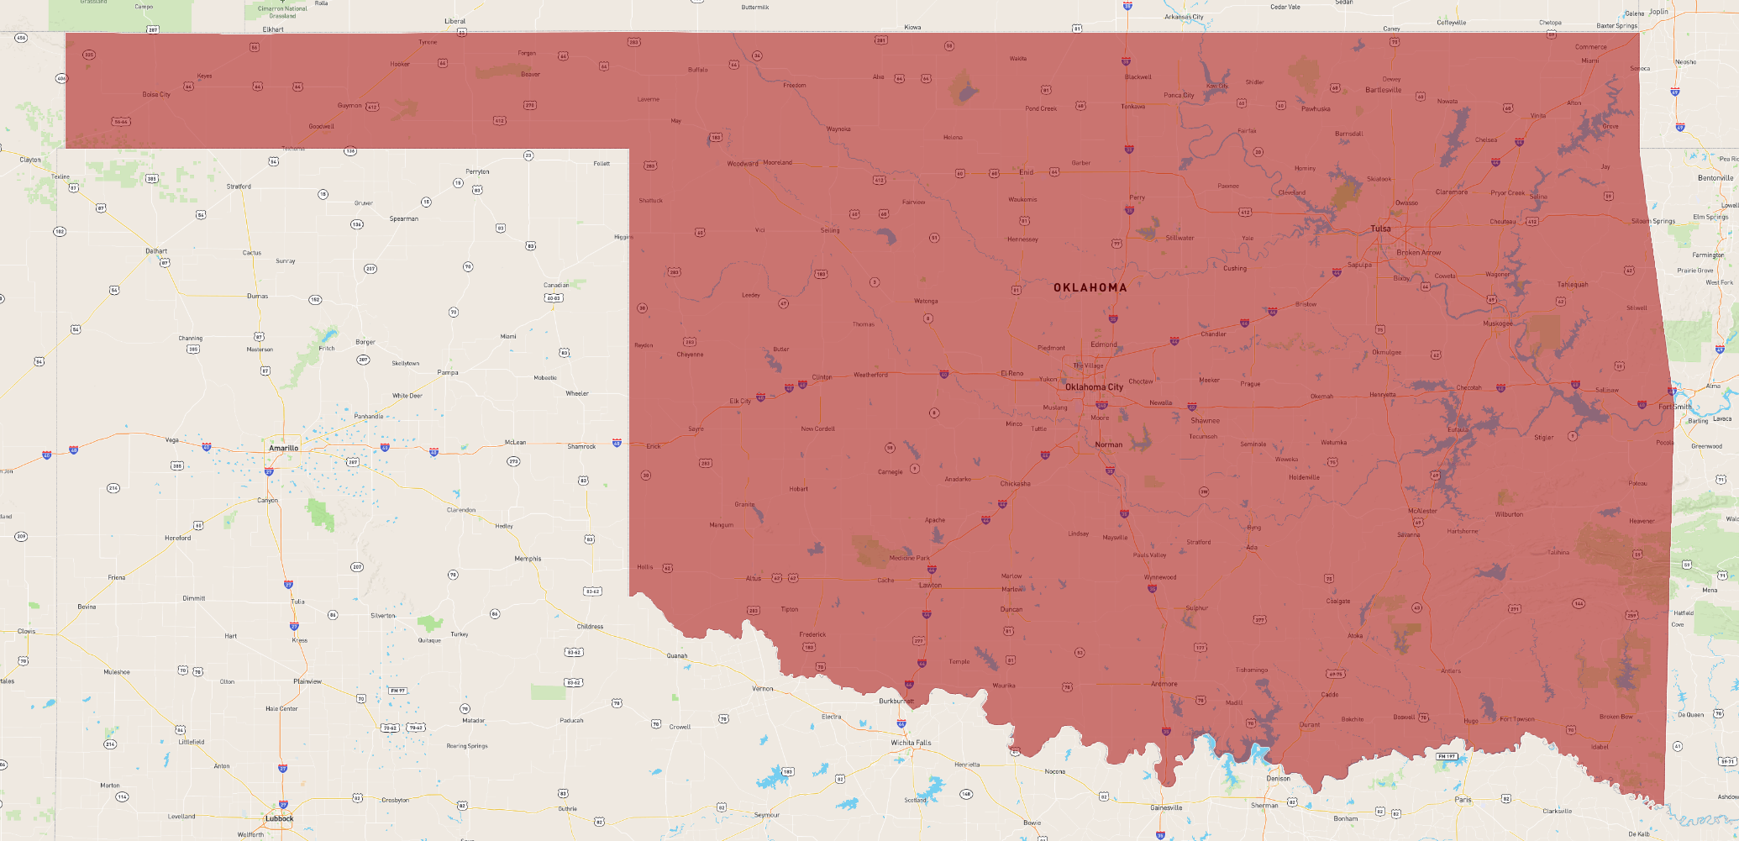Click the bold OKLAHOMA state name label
[1090, 287]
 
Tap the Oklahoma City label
[1094, 387]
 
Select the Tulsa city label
[1380, 229]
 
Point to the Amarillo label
[283, 448]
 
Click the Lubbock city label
[280, 818]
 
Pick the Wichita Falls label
[911, 743]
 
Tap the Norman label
[1108, 444]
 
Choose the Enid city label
[1026, 172]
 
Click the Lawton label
[930, 585]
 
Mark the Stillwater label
[1179, 238]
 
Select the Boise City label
[156, 95]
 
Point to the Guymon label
[349, 106]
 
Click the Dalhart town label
[156, 250]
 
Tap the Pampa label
[448, 372]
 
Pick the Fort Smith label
[1675, 407]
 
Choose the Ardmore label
[1164, 684]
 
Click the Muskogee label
[1498, 323]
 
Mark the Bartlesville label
[1383, 90]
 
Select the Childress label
[590, 626]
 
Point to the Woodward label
[743, 164]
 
